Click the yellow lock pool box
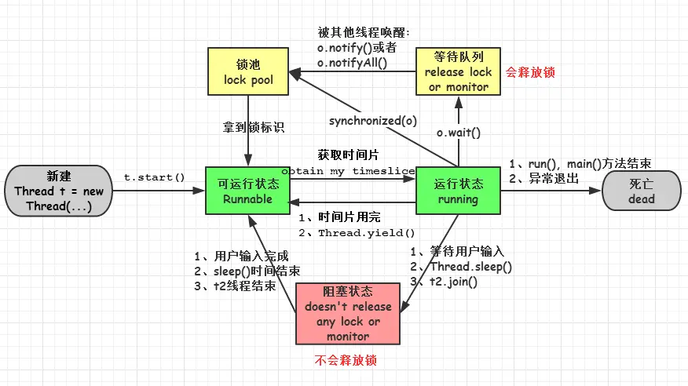click(248, 71)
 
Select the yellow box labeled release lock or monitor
click(458, 71)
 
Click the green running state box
click(458, 191)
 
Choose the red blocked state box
click(348, 313)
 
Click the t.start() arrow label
click(154, 177)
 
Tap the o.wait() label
click(459, 133)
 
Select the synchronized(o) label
click(373, 120)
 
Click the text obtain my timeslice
click(349, 170)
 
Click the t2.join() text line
click(450, 282)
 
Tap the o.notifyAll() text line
click(353, 62)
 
